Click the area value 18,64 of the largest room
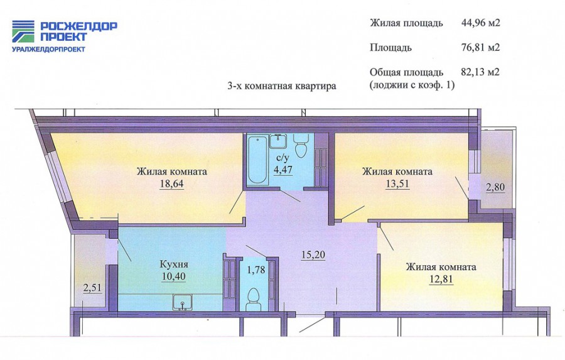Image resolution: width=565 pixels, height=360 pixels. coord(172,183)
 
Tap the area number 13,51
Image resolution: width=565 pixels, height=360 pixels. coord(397,183)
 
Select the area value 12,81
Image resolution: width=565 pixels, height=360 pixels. coord(441,279)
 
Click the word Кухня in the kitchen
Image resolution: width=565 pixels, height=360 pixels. coord(174,265)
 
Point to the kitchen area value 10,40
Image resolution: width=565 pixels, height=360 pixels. coord(174,276)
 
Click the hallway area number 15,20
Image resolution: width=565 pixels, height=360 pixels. coord(313,254)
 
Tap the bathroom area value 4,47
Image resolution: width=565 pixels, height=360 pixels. coord(283,170)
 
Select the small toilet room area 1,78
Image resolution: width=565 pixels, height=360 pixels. coord(256,270)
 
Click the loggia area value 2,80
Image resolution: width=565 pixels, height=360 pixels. coord(495,187)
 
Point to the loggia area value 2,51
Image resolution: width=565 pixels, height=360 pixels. coord(92,288)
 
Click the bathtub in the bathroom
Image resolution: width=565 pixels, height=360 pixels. coord(257,160)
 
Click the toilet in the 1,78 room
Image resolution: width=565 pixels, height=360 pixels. coord(254,299)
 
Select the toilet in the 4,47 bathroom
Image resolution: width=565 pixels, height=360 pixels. coord(301,145)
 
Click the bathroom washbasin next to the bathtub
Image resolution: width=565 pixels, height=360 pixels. coord(278,141)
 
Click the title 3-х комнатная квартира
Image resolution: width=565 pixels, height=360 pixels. coord(282,86)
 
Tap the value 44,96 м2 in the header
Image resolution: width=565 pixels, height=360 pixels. coord(481,23)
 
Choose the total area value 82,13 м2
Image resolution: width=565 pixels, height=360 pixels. coord(480,72)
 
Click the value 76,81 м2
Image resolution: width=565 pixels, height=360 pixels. coord(481,47)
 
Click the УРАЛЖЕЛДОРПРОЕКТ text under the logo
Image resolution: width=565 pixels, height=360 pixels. coord(48,49)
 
